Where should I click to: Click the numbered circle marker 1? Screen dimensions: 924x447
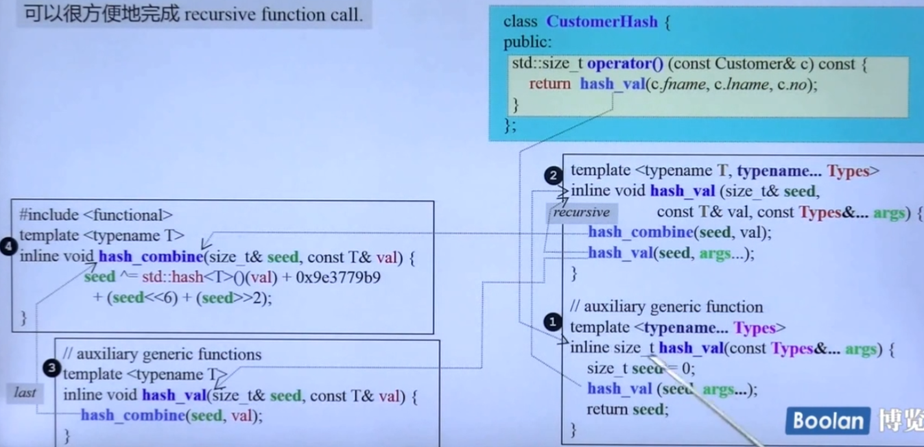(552, 322)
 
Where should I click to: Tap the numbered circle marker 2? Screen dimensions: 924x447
(554, 176)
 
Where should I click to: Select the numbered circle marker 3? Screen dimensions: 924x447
(51, 369)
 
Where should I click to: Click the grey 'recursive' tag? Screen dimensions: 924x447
(581, 213)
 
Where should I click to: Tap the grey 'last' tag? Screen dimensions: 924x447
(25, 393)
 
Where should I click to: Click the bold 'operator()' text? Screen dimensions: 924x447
(625, 64)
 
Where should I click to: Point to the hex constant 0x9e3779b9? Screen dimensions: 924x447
(338, 278)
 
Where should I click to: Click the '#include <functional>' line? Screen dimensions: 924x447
(96, 215)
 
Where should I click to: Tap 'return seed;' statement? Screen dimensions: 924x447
(627, 409)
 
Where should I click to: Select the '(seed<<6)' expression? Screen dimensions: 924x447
(142, 298)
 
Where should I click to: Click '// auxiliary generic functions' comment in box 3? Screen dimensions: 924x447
(162, 354)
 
